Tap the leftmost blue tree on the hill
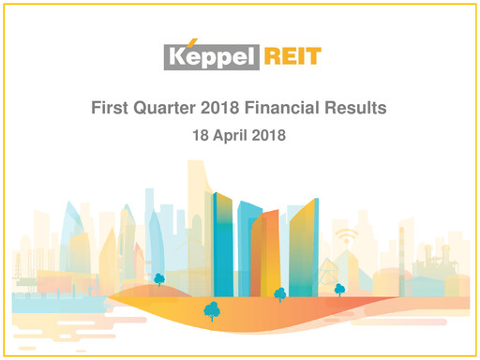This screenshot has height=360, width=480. click(159, 278)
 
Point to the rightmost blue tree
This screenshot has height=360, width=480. click(339, 290)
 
